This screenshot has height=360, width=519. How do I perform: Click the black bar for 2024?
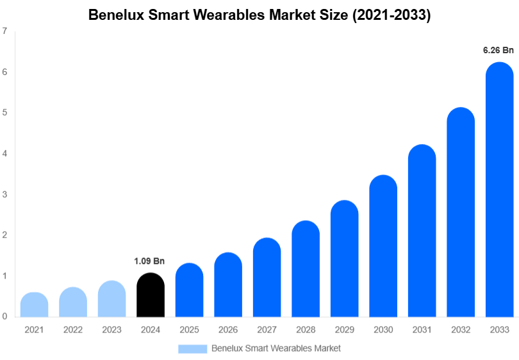pyautogui.click(x=151, y=295)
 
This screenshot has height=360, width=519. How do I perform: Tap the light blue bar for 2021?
pyautogui.click(x=34, y=305)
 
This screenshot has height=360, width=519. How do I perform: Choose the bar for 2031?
pyautogui.click(x=422, y=231)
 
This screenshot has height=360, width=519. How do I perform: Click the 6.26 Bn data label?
pyautogui.click(x=498, y=50)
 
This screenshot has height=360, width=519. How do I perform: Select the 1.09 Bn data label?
pyautogui.click(x=149, y=261)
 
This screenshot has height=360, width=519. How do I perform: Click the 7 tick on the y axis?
pyautogui.click(x=5, y=31)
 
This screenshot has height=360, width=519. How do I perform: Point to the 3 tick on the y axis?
pyautogui.click(x=5, y=194)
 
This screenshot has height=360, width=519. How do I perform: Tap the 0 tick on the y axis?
pyautogui.click(x=5, y=316)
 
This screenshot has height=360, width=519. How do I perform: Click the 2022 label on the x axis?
pyautogui.click(x=73, y=329)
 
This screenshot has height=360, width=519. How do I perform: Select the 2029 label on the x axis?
pyautogui.click(x=344, y=329)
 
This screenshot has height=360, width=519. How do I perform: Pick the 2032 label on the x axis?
pyautogui.click(x=460, y=329)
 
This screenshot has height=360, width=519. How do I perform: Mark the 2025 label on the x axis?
pyautogui.click(x=189, y=329)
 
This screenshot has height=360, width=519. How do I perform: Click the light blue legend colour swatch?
pyautogui.click(x=192, y=348)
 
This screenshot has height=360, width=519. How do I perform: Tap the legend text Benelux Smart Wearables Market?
pyautogui.click(x=276, y=348)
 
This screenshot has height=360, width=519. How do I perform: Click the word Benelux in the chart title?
pyautogui.click(x=115, y=15)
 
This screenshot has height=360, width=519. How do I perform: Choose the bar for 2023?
pyautogui.click(x=111, y=299)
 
